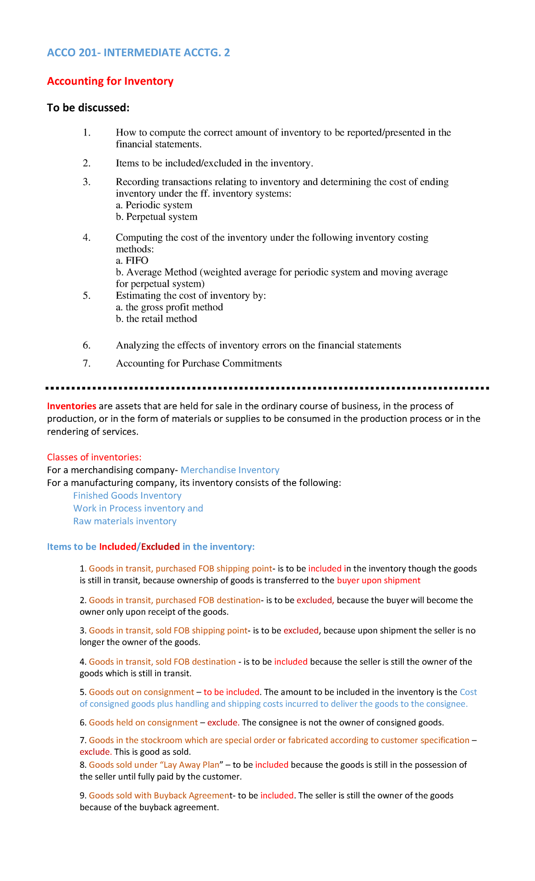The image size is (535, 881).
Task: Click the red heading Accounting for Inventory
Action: [110, 81]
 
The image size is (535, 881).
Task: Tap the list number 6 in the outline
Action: [86, 346]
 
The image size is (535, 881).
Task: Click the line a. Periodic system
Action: [154, 205]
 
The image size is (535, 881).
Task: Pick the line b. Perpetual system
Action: [156, 217]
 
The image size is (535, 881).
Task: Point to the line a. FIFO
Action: [132, 260]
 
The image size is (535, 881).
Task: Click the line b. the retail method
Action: [156, 319]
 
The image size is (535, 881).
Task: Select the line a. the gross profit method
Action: [169, 307]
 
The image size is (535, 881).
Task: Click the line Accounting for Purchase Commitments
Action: [199, 363]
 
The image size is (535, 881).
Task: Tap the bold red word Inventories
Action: [72, 406]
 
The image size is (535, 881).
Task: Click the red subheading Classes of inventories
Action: [94, 457]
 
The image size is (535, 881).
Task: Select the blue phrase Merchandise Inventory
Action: [230, 470]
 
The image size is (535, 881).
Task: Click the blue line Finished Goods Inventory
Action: [127, 496]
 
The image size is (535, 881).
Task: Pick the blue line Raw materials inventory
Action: [125, 521]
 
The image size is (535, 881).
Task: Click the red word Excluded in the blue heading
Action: [160, 547]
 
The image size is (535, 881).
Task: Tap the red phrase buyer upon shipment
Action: [379, 580]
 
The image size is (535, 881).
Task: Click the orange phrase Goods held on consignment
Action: [143, 722]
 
